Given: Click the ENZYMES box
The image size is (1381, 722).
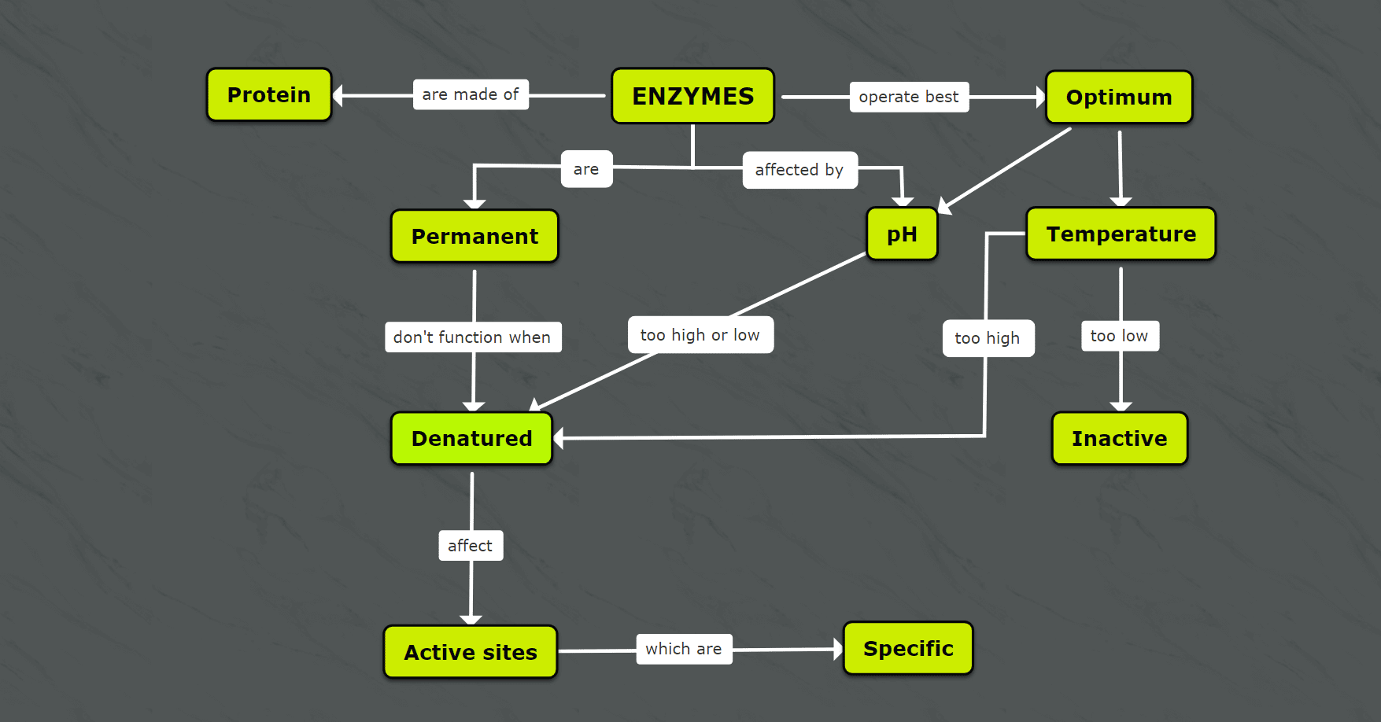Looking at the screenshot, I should [692, 96].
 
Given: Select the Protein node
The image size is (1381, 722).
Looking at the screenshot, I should [269, 95].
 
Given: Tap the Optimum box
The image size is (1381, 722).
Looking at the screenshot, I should [1118, 98].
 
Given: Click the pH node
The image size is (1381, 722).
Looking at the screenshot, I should [902, 234].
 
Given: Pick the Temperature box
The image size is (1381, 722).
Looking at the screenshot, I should [1121, 234].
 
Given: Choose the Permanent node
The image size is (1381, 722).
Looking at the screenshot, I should [474, 236].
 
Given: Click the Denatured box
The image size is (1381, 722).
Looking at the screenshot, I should [471, 439].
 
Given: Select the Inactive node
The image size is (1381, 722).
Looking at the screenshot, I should [1119, 439].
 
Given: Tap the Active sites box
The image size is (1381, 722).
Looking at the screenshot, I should [470, 652].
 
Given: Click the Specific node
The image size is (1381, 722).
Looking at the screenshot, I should [908, 649].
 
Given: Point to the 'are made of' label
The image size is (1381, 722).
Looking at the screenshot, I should [471, 94].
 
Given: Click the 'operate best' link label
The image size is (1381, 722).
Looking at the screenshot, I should [909, 97].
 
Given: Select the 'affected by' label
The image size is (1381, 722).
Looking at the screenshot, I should [799, 170].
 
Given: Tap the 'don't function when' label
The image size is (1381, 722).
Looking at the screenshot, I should [472, 337].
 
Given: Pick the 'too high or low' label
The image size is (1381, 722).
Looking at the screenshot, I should [700, 335].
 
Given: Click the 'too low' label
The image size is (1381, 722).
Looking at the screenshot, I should [1119, 336].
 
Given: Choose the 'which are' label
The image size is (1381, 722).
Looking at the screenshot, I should [684, 649].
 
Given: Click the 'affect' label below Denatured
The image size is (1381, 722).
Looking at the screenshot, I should [470, 546].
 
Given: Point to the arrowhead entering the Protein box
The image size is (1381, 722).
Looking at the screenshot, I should [338, 96].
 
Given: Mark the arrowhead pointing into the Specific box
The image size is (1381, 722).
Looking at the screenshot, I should [837, 650].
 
